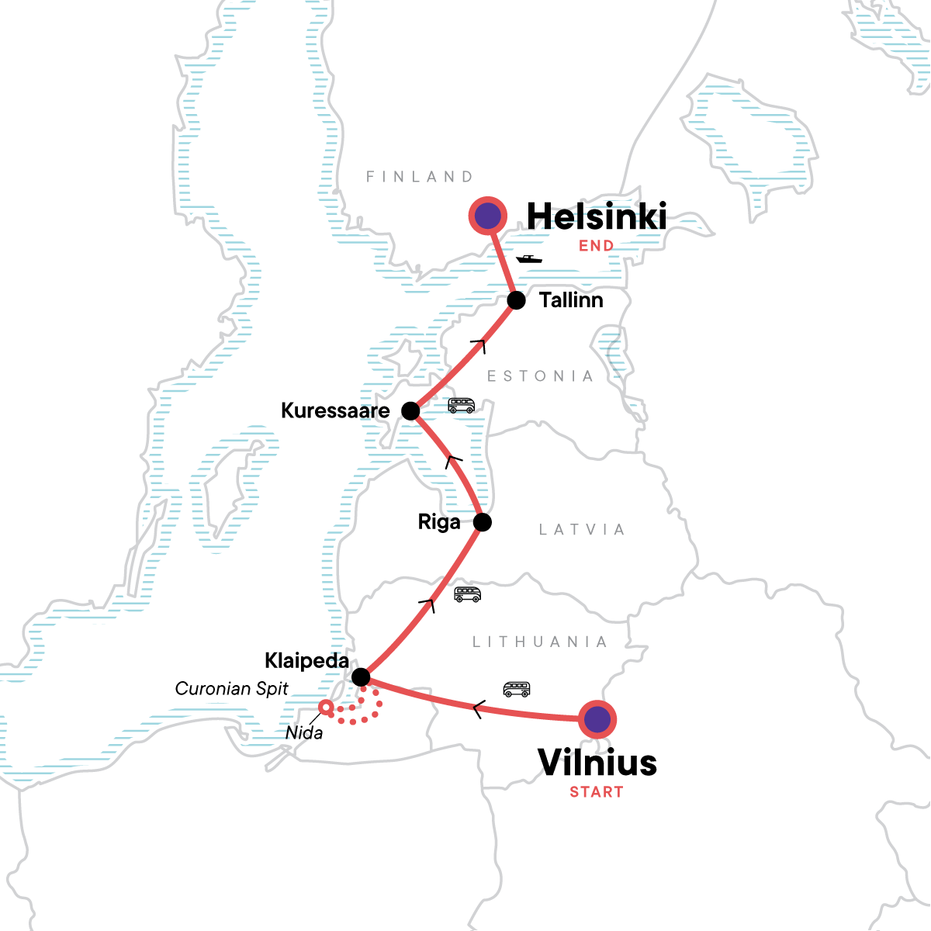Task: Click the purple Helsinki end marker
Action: coord(488,216)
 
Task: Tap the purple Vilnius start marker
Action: coord(597,719)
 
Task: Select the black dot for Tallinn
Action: coord(516,300)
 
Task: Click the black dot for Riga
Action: coord(482,522)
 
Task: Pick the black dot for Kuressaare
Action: coord(410,410)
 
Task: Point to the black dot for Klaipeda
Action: coord(361,677)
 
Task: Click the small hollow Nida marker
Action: coord(327,707)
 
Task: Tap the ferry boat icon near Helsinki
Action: coord(529,259)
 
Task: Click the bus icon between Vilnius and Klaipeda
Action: coord(517,689)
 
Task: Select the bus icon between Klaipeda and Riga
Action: coord(467,594)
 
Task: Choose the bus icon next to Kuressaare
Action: coord(461,405)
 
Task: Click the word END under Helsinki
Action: coord(596,246)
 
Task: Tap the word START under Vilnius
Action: coord(596,792)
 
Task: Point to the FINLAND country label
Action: coord(419,177)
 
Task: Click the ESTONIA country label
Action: coord(540,376)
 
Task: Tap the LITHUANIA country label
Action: coord(539,642)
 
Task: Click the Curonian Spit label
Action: coord(231,688)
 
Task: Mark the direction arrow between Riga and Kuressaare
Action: coord(454,461)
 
